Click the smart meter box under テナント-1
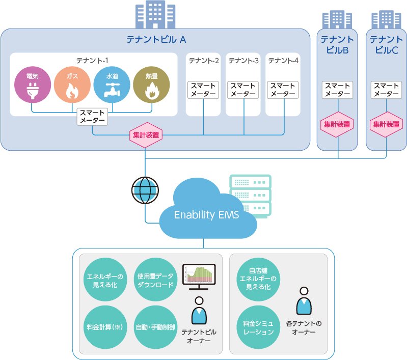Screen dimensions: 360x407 point(92,117)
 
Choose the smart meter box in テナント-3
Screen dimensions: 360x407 point(243,90)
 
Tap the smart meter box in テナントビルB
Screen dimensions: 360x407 point(338,90)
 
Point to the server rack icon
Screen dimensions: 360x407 point(250,196)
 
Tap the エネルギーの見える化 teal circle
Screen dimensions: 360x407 point(103,280)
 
